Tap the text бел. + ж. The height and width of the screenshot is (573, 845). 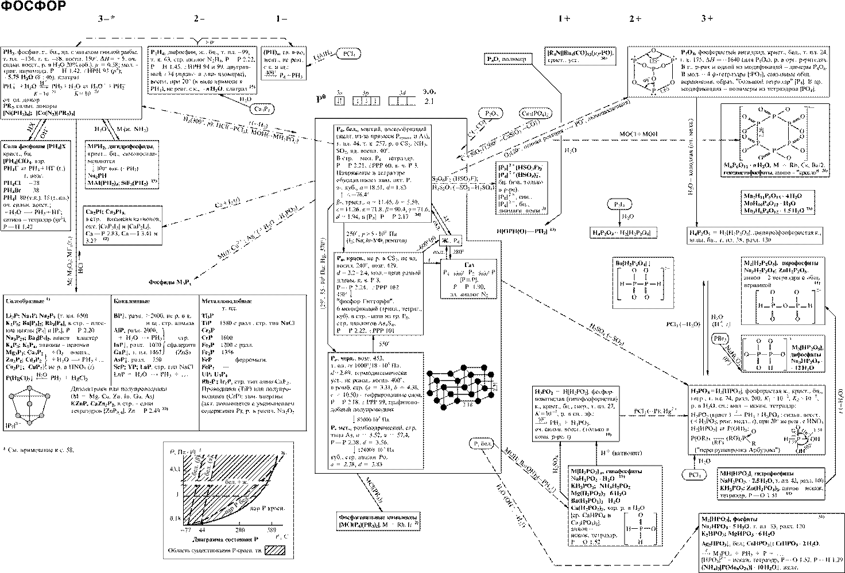236,482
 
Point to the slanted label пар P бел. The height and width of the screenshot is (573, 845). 237,505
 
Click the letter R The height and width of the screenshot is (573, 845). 754,443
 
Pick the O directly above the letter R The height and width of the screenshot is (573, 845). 754,431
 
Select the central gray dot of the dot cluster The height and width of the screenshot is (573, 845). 29,404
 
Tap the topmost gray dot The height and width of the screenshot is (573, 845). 29,388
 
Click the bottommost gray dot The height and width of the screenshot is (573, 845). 29,423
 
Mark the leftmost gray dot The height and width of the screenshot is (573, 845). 11,396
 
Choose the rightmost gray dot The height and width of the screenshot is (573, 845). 48,396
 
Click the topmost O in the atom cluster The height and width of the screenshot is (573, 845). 653,51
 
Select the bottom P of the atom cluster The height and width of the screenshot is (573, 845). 654,90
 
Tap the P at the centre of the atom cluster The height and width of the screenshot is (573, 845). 654,69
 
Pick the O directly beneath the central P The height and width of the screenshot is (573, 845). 654,78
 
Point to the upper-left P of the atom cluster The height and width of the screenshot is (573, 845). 635,60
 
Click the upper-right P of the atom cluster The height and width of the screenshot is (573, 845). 672,60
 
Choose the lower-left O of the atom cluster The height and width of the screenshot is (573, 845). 634,82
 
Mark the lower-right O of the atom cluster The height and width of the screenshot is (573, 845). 672,82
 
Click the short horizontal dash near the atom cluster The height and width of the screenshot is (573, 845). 693,140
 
